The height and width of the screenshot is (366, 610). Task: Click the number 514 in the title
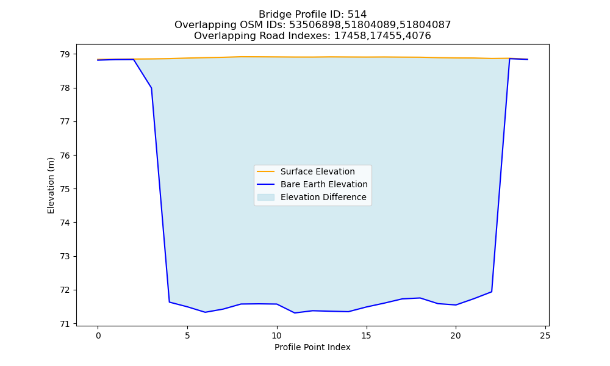point(357,15)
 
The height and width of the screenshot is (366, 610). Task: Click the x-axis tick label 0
point(98,335)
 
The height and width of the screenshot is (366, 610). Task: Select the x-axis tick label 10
point(276,335)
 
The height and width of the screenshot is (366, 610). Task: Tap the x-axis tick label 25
point(545,335)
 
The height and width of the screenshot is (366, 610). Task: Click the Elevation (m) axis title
point(51,185)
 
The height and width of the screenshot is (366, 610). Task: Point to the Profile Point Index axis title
point(312,347)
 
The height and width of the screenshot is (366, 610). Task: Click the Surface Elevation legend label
point(317,171)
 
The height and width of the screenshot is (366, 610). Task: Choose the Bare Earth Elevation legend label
point(324,184)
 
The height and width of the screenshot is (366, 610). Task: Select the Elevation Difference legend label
point(323,197)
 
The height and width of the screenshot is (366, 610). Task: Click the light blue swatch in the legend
point(266,197)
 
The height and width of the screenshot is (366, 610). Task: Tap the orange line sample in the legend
point(266,171)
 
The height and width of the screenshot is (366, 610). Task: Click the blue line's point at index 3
point(151,88)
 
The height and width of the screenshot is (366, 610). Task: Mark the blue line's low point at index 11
point(295,313)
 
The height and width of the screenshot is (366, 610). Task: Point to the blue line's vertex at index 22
point(491,292)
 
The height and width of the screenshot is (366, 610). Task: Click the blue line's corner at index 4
point(169,302)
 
